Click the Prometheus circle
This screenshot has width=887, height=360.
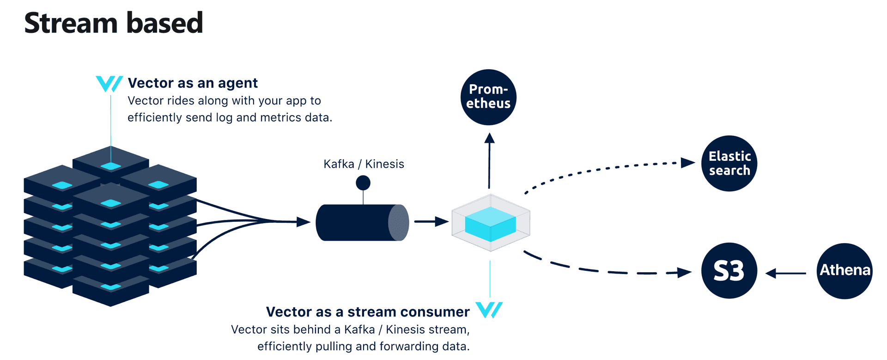click(x=488, y=97)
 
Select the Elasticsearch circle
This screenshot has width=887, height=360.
click(x=729, y=163)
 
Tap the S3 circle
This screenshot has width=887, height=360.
click(x=729, y=271)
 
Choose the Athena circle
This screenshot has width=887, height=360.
click(x=844, y=271)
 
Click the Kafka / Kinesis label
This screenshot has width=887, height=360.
click(x=364, y=164)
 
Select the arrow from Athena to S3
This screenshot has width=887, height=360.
click(x=786, y=274)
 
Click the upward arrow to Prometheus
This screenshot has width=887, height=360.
click(x=490, y=159)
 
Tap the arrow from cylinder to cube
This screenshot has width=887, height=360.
click(x=431, y=222)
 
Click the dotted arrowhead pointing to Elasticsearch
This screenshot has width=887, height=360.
click(x=688, y=162)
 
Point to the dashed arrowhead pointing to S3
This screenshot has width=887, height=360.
click(x=684, y=272)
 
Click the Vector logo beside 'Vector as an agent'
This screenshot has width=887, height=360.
click(x=109, y=84)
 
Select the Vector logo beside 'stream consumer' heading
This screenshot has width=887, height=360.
click(x=489, y=310)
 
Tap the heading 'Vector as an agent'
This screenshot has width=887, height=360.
click(x=193, y=83)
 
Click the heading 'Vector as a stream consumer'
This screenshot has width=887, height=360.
click(x=368, y=312)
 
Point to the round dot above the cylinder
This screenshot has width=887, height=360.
click(x=363, y=183)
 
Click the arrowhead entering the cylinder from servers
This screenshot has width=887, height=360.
click(x=303, y=222)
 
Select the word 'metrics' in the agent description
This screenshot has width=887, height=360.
click(x=280, y=118)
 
